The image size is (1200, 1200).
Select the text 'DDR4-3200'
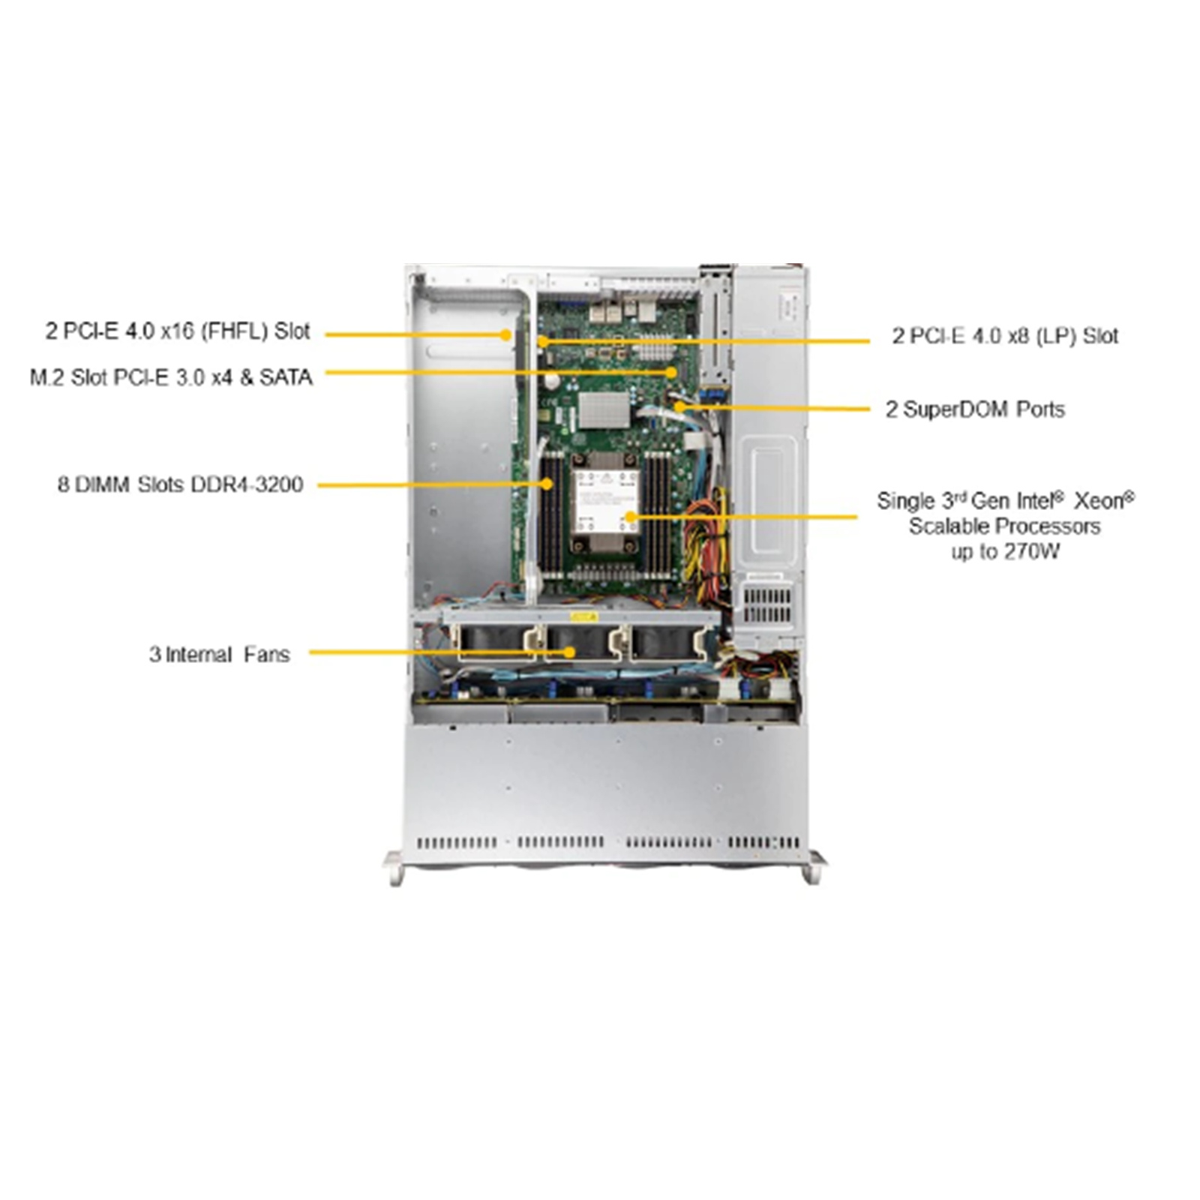click(247, 484)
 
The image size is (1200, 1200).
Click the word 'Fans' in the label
click(266, 654)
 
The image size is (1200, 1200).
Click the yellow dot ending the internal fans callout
click(570, 652)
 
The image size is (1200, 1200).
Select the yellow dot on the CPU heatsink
click(630, 517)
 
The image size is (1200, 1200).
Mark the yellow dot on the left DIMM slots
click(548, 484)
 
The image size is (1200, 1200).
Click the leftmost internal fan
click(495, 642)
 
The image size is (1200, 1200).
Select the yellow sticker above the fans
click(583, 617)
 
